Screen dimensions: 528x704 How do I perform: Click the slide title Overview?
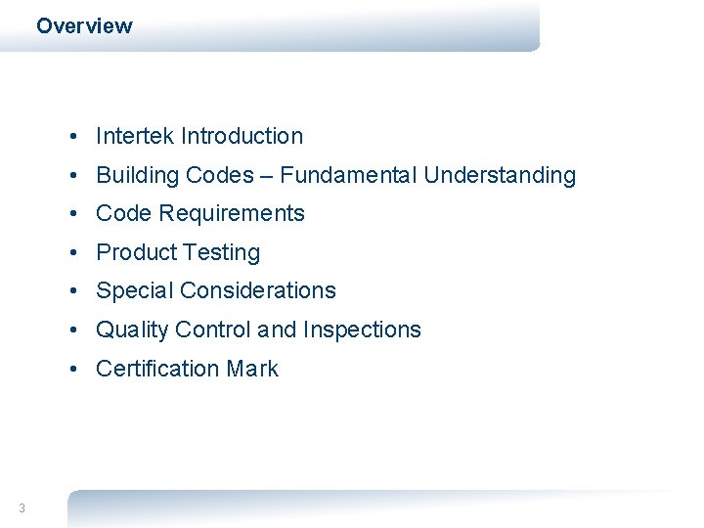coord(84,26)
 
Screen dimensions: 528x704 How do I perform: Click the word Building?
coord(137,176)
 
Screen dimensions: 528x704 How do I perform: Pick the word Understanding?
coord(500,176)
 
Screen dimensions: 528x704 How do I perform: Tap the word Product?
coord(134,253)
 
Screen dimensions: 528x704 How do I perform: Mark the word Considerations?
coord(258,291)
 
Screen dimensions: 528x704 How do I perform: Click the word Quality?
coord(132,330)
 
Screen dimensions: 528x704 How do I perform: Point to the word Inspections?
coord(362,330)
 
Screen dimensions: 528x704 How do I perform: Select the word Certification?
coord(157,370)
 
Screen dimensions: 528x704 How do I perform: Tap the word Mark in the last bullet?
coord(252,370)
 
